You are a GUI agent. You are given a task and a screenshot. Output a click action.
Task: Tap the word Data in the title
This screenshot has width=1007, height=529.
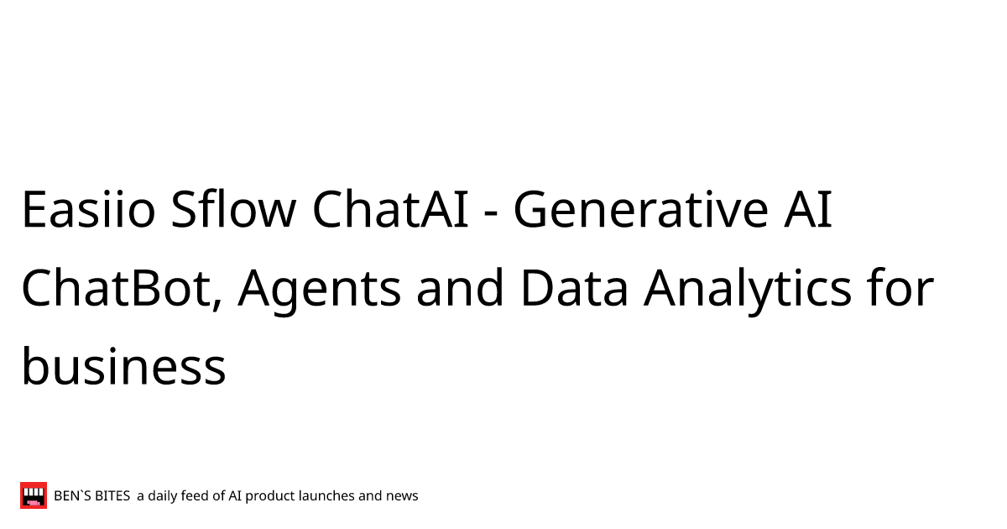coord(574,288)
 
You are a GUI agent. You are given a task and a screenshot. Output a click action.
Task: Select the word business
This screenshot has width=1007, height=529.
coord(123,367)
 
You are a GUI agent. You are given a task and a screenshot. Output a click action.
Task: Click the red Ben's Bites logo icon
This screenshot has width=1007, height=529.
coord(34,495)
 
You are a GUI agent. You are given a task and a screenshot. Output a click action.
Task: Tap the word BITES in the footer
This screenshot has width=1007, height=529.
coord(112,496)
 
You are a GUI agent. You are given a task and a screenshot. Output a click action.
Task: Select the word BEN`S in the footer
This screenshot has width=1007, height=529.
coord(73,496)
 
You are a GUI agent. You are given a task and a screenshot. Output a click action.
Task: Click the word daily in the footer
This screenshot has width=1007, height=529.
coord(162,496)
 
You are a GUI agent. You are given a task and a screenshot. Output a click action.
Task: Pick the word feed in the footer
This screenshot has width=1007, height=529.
coord(195,496)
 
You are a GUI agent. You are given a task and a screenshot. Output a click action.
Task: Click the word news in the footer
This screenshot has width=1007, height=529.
coord(401,496)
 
